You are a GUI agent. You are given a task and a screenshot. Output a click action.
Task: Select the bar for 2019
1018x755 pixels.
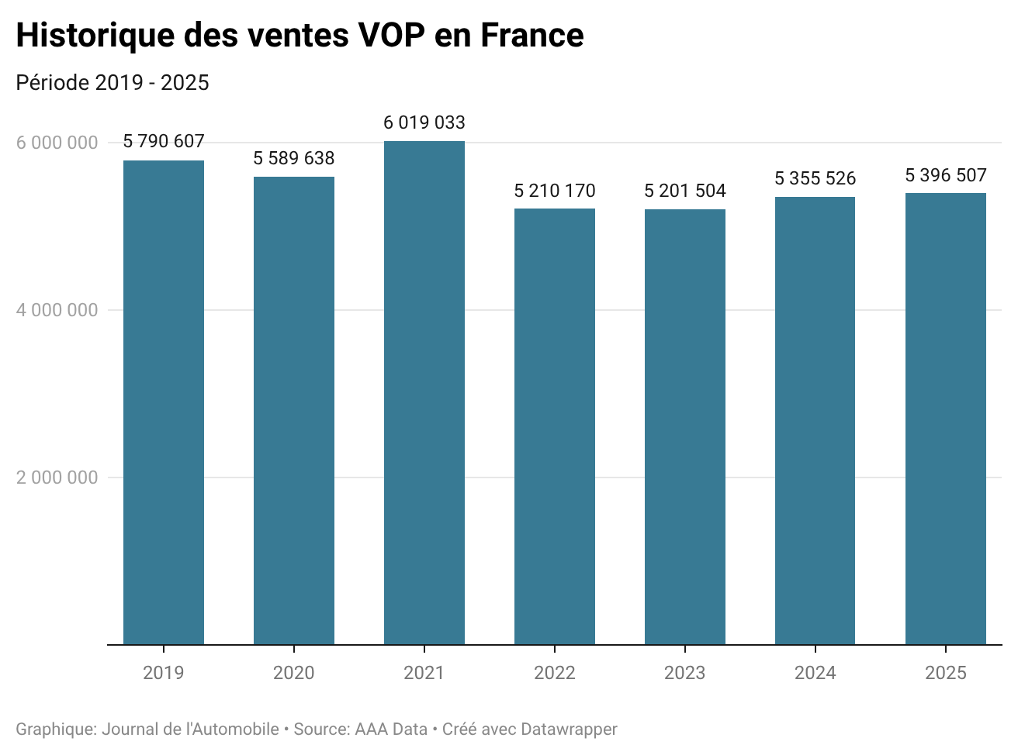tap(164, 402)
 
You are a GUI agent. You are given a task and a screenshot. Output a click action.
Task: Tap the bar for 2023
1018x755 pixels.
tap(685, 426)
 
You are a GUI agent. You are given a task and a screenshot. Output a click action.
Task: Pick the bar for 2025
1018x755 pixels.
tap(946, 419)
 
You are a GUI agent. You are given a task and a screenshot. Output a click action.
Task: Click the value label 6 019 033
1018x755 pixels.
tap(424, 122)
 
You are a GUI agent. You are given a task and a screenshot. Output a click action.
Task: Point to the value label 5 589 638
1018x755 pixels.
tap(294, 158)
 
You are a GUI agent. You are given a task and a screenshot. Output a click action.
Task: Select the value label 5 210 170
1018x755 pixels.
tap(555, 191)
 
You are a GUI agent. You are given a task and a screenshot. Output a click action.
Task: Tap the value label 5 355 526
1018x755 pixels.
tap(815, 178)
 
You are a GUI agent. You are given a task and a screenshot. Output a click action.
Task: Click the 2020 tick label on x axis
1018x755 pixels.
tap(294, 673)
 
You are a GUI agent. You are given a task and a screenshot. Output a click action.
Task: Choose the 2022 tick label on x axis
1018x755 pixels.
tap(555, 673)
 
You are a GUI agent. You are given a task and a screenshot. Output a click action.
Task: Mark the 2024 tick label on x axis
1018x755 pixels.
tap(815, 673)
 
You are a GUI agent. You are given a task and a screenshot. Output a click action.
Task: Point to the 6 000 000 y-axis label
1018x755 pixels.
tap(57, 143)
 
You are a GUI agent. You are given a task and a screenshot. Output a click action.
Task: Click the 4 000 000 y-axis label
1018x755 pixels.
tap(57, 310)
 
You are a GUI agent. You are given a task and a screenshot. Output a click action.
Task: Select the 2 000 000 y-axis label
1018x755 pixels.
tap(57, 477)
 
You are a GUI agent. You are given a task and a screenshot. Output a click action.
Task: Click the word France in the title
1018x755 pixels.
tap(532, 36)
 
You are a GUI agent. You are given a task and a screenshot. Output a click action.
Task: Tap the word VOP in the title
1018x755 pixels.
tap(393, 36)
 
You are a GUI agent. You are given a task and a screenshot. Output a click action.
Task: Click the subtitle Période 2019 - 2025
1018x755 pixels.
tap(113, 83)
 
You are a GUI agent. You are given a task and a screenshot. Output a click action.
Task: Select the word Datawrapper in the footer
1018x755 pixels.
tap(569, 729)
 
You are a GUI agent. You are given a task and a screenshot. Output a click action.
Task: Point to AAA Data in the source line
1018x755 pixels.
tap(391, 729)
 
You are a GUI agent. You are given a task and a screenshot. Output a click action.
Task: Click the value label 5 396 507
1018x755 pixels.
tap(946, 175)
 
